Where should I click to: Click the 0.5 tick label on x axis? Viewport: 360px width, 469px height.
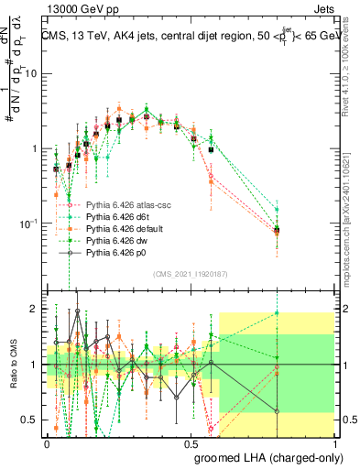[x=190, y=442]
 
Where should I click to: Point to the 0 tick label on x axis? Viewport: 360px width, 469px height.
[x=48, y=442]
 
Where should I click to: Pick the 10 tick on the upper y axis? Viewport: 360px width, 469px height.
[x=31, y=74]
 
